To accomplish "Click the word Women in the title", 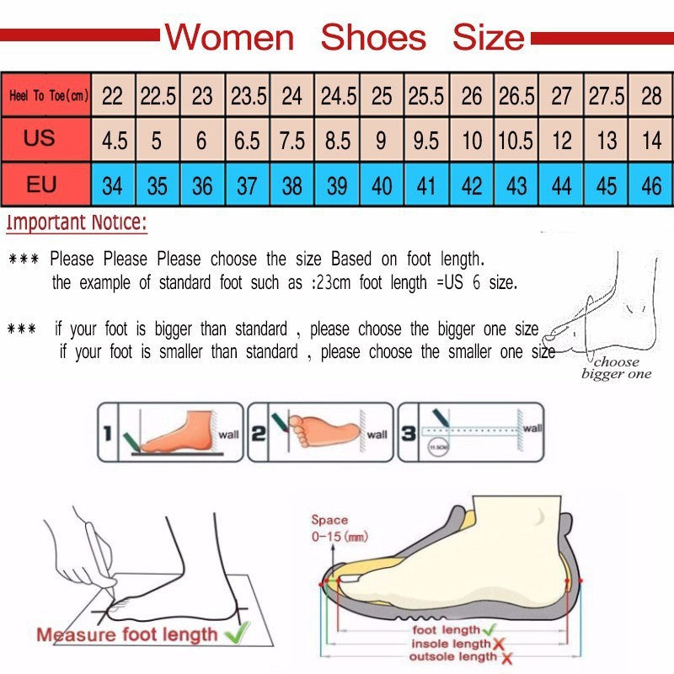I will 229,38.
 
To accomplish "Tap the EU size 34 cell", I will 112,185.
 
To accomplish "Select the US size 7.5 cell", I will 292,140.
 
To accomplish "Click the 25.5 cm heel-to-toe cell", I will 426,96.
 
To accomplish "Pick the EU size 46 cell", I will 651,185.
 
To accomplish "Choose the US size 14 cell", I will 651,140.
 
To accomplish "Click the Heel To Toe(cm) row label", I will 48,96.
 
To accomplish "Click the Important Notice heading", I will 77,224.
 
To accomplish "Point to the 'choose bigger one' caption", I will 617,368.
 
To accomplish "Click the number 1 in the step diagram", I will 107,434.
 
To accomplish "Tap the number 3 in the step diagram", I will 407,433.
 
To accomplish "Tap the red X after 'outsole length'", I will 508,657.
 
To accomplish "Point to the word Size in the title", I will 489,38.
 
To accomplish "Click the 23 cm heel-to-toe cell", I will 202,96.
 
